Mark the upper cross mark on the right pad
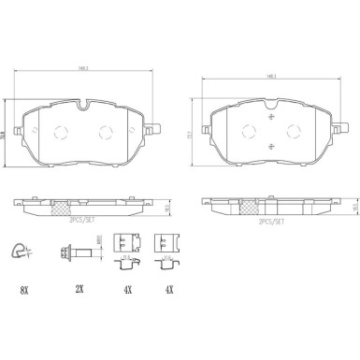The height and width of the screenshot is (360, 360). [x=271, y=119]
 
